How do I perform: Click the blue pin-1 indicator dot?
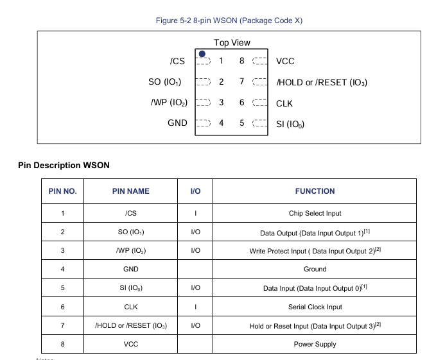point(202,54)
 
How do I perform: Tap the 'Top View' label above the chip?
point(232,43)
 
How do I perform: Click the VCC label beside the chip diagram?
point(285,61)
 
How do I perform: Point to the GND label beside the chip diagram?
point(177,123)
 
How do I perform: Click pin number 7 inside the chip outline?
point(242,81)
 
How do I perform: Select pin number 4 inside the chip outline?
point(221,123)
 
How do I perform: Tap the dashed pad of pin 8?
point(259,61)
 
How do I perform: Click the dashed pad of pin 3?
point(204,102)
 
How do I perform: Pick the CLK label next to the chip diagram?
point(284,103)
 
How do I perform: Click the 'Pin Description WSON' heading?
point(64,166)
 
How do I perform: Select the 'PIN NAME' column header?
point(131,191)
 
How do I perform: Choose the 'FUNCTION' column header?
point(315,191)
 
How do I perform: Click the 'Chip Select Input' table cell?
point(315,213)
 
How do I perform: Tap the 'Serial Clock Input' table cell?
point(315,307)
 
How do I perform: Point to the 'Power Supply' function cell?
point(315,344)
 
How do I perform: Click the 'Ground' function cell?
point(315,269)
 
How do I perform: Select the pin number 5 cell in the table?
point(62,287)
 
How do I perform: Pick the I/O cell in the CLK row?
point(195,307)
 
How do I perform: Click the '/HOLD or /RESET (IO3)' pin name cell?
point(131,325)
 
